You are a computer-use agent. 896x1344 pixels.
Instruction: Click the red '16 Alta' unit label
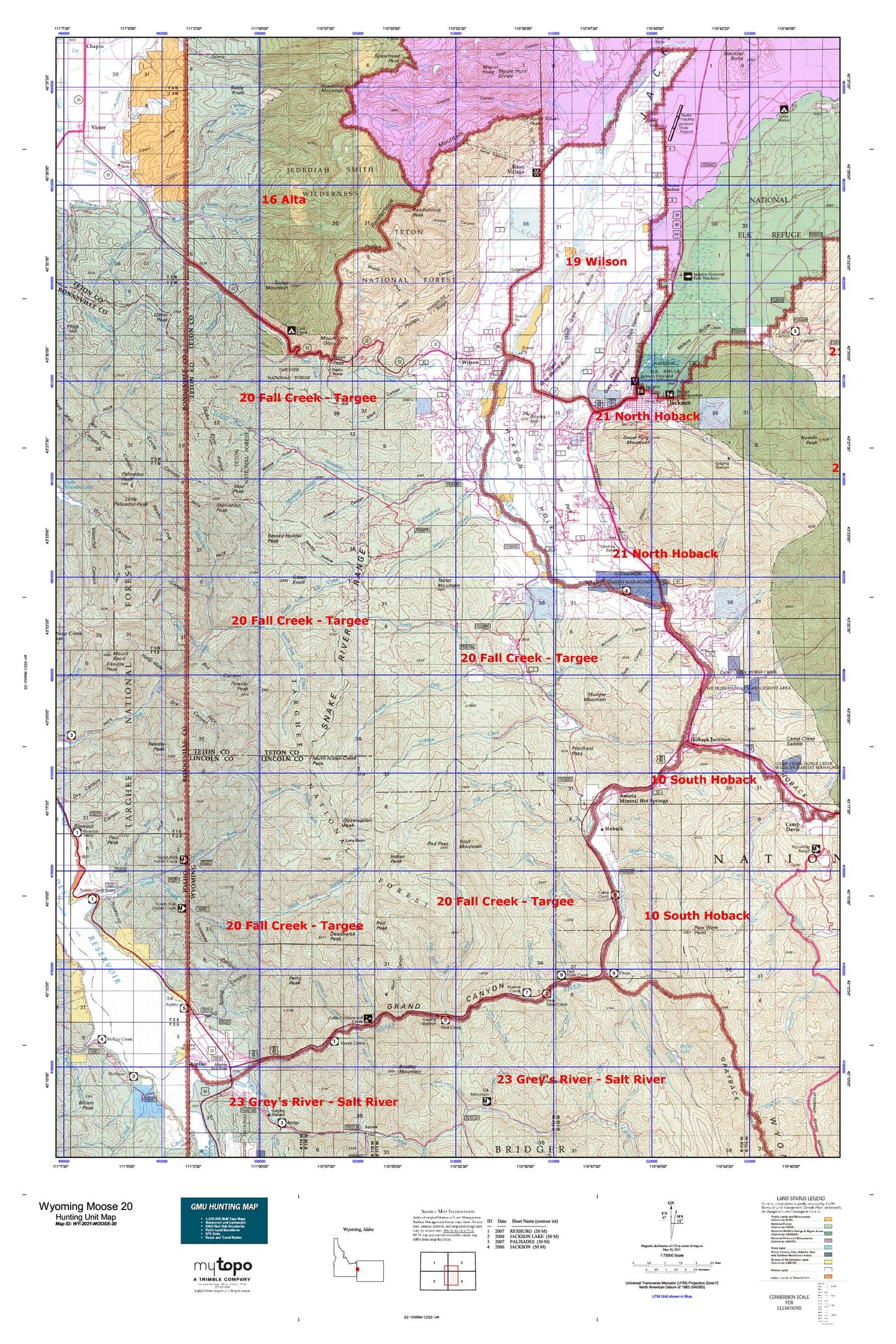(x=283, y=199)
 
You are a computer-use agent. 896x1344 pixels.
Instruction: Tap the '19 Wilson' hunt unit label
(x=596, y=262)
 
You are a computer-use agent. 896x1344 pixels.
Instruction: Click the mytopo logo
(x=223, y=1266)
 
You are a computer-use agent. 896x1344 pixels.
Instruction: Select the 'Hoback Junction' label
(x=711, y=739)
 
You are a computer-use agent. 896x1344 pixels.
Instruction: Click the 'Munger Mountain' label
(x=595, y=697)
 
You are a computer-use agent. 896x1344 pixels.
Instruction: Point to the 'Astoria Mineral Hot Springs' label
(x=643, y=798)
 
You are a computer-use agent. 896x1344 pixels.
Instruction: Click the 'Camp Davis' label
(x=793, y=826)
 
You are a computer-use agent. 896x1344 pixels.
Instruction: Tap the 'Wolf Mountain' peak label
(x=471, y=844)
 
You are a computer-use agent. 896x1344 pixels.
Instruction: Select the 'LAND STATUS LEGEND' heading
(x=801, y=1198)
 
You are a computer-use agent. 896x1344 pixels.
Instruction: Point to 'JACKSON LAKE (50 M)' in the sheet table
(x=534, y=1236)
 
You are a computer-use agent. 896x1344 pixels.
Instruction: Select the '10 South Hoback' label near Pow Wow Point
(x=696, y=916)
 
